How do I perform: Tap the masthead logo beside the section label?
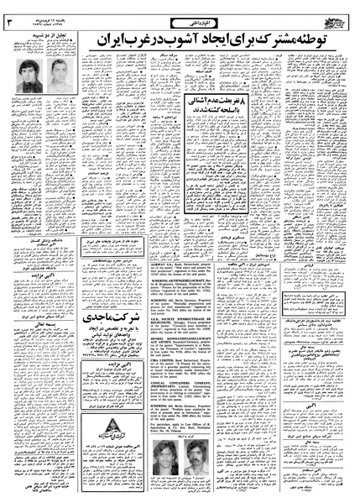click(x=333, y=15)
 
